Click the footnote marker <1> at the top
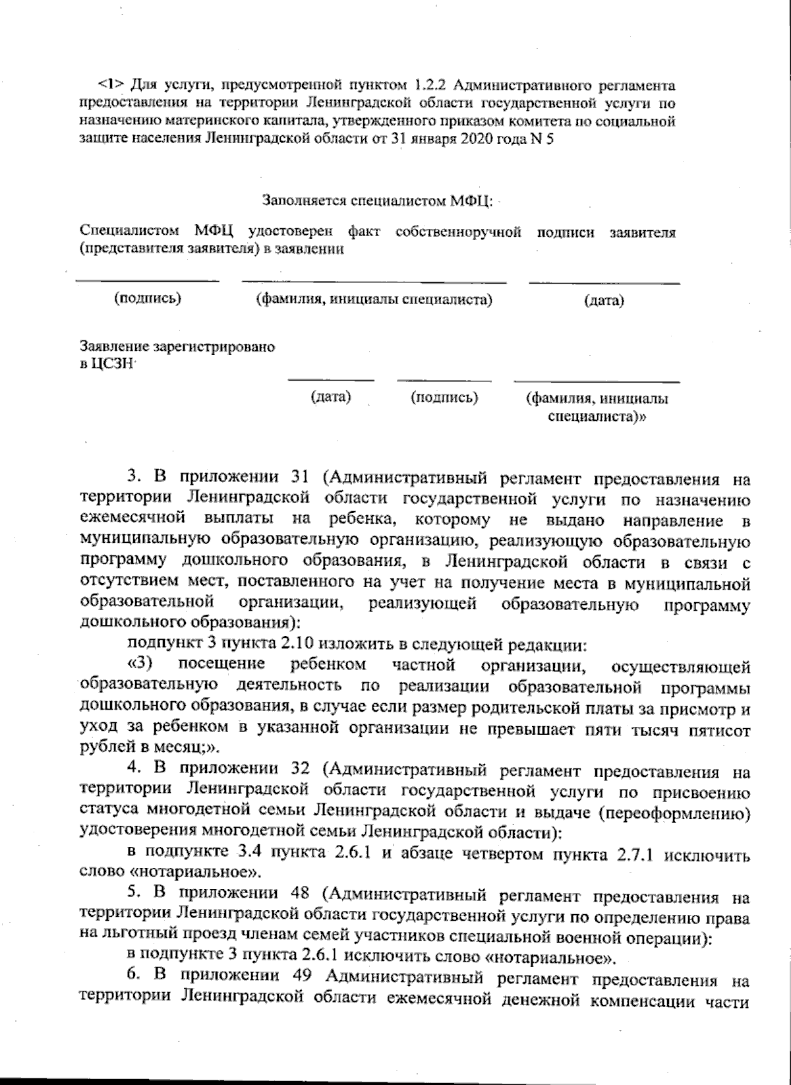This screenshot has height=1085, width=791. (x=110, y=85)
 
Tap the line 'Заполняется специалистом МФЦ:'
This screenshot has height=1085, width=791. (x=377, y=199)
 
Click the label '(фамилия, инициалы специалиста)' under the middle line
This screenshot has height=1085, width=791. (x=374, y=300)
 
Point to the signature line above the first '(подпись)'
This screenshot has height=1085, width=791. (x=148, y=281)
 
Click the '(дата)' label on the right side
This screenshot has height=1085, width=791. (x=604, y=301)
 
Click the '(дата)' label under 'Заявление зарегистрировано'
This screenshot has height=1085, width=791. (x=330, y=397)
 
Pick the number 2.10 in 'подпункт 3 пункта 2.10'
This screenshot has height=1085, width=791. (x=287, y=643)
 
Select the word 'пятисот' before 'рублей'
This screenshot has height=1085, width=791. (x=722, y=730)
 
